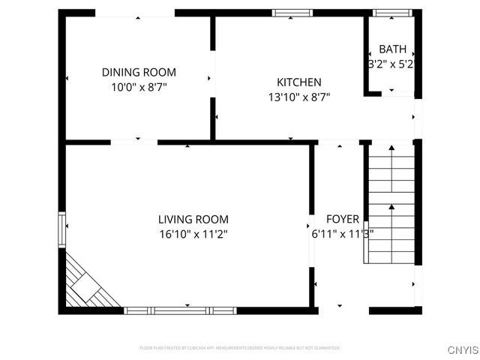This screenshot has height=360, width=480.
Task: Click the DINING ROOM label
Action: click(139, 73)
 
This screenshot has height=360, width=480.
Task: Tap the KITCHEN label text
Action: click(298, 82)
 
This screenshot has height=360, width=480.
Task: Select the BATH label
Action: click(392, 49)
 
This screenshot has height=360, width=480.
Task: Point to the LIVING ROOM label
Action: click(193, 220)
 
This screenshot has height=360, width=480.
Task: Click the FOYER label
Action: click(342, 220)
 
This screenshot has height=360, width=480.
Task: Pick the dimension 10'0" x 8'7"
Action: click(139, 87)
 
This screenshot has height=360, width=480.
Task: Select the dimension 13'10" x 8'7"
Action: click(298, 97)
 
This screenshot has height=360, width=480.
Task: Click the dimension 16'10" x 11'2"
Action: click(193, 234)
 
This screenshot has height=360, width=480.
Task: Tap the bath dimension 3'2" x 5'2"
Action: click(391, 64)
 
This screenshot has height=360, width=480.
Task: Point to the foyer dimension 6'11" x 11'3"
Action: click(342, 233)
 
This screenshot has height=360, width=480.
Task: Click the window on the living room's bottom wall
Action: click(180, 310)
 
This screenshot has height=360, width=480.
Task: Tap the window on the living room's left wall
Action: click(62, 225)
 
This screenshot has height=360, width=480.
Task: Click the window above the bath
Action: click(392, 13)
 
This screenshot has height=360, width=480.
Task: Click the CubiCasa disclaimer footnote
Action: click(240, 348)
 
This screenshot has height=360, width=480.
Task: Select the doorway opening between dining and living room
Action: click(134, 142)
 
